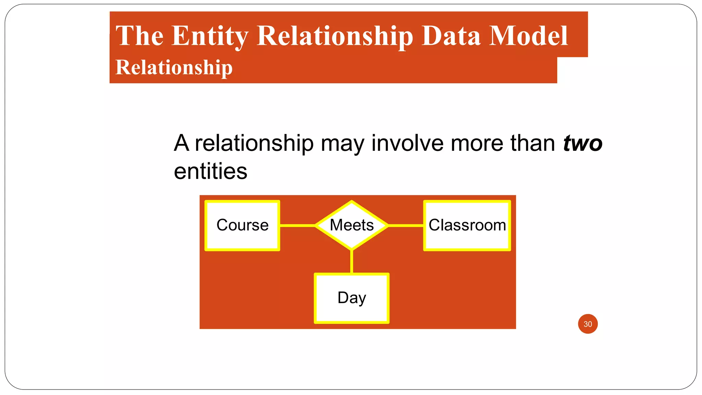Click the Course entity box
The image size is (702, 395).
tap(242, 226)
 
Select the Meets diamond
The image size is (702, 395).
tap(352, 225)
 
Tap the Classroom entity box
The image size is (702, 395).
tap(467, 226)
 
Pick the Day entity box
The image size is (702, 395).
tap(352, 298)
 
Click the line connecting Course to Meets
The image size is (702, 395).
tap(297, 226)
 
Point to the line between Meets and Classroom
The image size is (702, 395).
tap(406, 226)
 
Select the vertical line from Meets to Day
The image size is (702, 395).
tap(352, 262)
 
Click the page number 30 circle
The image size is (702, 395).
tap(588, 324)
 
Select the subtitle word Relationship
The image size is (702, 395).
tap(174, 67)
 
